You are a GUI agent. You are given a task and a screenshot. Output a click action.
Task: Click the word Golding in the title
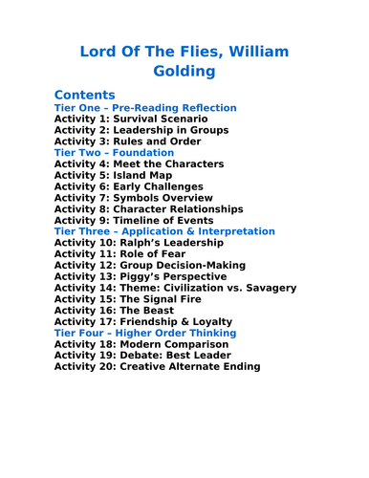click(184, 71)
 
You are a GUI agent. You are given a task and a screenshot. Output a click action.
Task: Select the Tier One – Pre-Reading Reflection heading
click(144, 108)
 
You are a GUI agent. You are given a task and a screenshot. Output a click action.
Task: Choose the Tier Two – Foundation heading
click(114, 153)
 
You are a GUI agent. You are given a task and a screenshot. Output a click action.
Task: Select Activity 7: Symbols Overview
click(133, 198)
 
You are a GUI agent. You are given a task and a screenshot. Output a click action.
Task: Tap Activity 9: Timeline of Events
click(134, 220)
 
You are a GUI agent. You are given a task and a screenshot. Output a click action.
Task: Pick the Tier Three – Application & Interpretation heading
click(163, 231)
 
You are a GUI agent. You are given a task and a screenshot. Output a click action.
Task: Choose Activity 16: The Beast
click(114, 311)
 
